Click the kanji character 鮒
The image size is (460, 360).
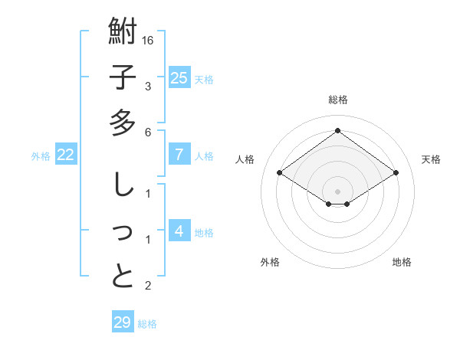123,33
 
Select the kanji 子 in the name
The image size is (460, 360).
123,77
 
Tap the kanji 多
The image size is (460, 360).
123,123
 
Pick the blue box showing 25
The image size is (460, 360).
179,77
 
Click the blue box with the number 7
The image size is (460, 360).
179,155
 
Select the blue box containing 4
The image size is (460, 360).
179,231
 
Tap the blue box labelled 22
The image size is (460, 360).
66,155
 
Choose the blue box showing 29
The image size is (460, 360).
123,322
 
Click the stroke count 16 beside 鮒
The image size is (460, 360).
149,40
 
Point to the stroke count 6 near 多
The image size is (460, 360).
149,132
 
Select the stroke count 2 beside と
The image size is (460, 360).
149,286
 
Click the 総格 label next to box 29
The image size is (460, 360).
147,324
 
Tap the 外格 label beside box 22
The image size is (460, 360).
41,156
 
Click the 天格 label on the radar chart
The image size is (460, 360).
431,159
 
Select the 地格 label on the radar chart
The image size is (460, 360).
402,262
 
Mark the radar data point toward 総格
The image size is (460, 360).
337,130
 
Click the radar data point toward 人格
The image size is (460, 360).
280,173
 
